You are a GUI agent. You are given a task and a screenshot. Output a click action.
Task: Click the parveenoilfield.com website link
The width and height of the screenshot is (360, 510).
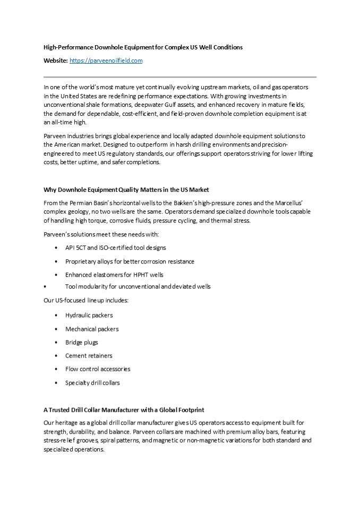106,61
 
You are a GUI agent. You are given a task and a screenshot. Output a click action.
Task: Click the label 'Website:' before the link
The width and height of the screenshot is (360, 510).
55,61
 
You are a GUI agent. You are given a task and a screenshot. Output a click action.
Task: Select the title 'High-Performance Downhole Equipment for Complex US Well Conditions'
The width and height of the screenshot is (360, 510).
143,47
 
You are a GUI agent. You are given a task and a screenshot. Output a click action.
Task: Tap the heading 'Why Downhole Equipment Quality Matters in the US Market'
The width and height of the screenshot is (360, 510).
126,190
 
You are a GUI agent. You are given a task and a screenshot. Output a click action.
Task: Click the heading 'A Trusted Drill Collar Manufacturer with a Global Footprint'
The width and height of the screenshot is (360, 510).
124,410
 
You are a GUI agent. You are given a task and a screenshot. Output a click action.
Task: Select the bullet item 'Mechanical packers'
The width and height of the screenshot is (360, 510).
92,329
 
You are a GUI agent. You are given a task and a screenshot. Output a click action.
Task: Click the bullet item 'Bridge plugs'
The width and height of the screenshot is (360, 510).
81,342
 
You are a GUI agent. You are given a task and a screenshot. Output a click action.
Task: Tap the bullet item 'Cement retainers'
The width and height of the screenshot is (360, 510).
89,355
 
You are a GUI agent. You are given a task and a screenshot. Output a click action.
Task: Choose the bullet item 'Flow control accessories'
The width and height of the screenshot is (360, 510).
98,369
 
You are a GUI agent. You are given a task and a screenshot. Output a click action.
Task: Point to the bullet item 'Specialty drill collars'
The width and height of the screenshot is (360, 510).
92,382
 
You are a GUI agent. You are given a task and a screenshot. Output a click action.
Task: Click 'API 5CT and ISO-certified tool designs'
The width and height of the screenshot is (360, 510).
115,248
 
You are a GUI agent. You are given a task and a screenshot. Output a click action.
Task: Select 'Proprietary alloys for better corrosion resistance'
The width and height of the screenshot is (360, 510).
130,261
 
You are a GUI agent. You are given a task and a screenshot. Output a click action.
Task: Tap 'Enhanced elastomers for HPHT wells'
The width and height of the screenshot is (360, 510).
114,275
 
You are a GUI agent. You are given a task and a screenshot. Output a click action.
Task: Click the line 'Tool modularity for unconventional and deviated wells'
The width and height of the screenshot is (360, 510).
138,286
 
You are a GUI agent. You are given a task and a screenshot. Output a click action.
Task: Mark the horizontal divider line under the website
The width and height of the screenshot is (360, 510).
179,77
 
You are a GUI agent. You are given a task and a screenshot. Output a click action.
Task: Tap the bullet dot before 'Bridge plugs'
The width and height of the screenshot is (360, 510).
56,343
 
